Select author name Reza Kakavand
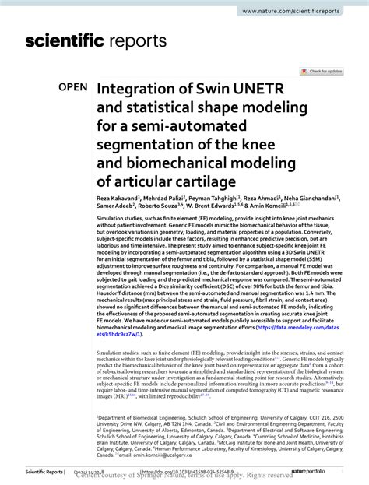point(117,199)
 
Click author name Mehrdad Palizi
point(167,199)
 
